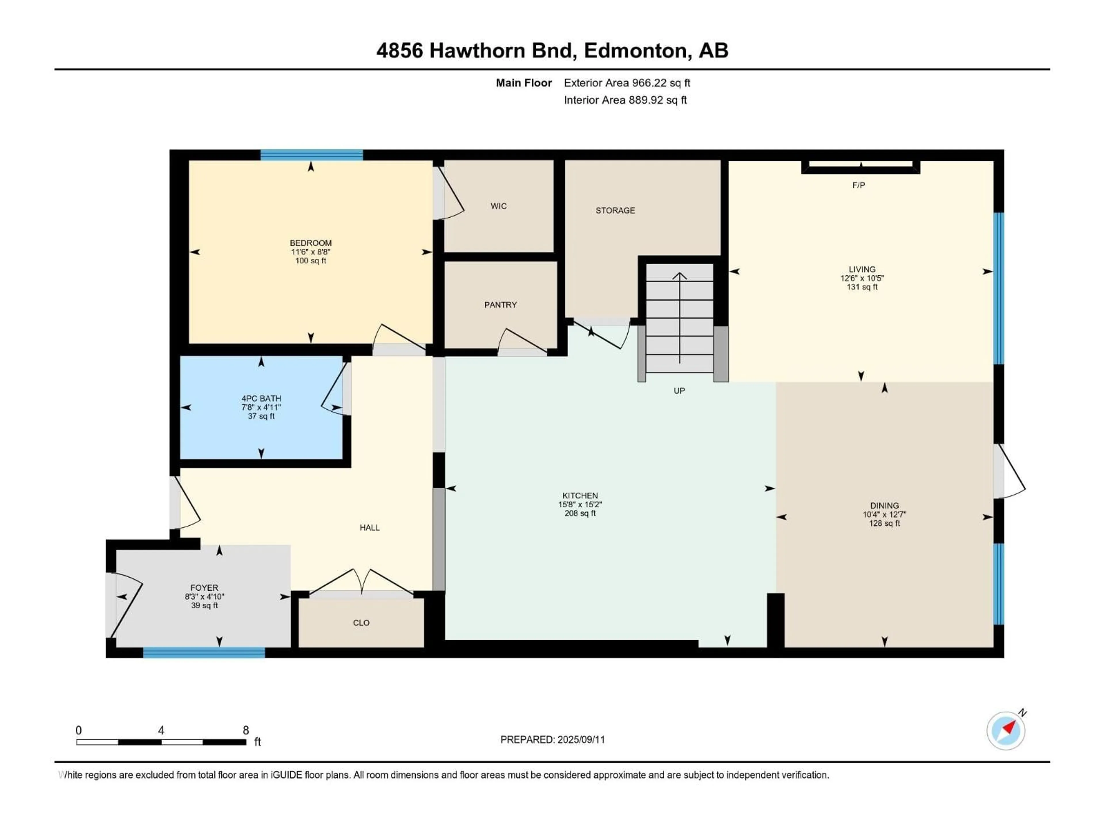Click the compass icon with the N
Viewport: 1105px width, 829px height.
pos(1006,731)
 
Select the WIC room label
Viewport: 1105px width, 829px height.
pos(499,206)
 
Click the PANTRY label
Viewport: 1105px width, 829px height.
pos(500,305)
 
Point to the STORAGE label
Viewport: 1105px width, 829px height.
pos(615,210)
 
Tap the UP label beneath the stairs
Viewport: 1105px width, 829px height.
pos(679,391)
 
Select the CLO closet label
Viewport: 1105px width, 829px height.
pos(361,623)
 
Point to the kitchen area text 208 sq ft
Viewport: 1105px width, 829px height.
pos(580,513)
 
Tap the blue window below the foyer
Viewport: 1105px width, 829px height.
pos(204,652)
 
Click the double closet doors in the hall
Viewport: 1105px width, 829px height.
pos(361,582)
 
